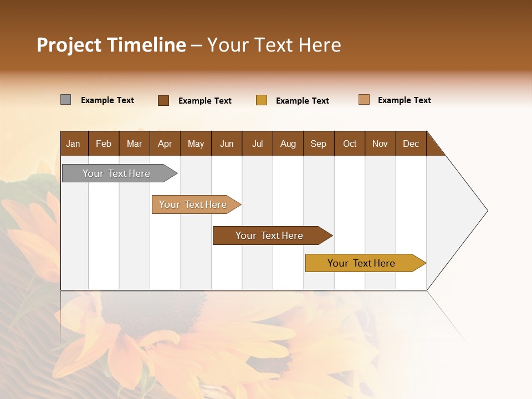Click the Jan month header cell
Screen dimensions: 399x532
[x=74, y=144]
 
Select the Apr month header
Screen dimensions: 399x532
[x=165, y=144]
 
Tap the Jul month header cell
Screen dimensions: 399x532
[x=257, y=144]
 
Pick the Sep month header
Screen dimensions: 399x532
[x=318, y=144]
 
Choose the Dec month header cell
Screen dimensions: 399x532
[x=411, y=144]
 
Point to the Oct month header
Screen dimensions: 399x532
[x=350, y=144]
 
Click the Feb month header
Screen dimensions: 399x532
[x=104, y=144]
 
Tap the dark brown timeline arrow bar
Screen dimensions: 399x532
[x=270, y=236]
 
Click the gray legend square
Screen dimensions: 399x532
[x=65, y=100]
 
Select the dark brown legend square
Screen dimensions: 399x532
[x=163, y=100]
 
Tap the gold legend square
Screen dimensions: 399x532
[x=262, y=100]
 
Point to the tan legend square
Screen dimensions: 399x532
[x=364, y=100]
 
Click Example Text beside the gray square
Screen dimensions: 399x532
[x=108, y=100]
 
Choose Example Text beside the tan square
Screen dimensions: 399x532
[x=405, y=100]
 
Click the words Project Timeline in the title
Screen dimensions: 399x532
[x=111, y=45]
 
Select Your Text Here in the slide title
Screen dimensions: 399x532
[x=274, y=45]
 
